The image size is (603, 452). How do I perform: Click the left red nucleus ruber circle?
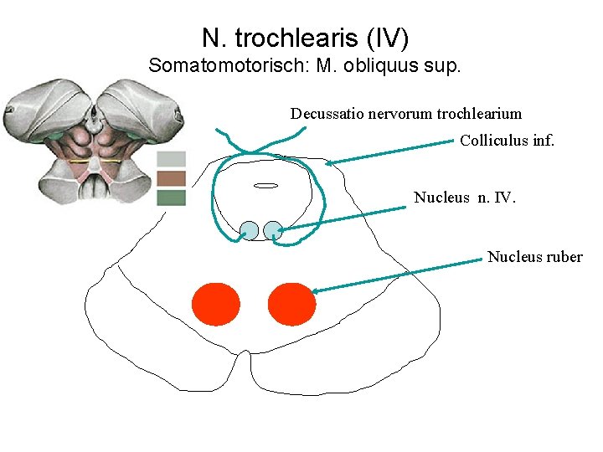[x=216, y=304]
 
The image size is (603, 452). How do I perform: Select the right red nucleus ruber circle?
[x=291, y=304]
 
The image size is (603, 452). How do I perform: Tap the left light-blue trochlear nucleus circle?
[x=250, y=230]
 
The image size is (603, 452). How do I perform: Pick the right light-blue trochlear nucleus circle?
[x=273, y=230]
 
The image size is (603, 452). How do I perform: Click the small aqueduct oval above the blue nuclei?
[x=265, y=185]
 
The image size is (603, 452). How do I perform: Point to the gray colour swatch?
[x=171, y=159]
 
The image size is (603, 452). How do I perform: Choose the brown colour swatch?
[x=171, y=178]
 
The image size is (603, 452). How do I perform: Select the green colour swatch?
[x=171, y=198]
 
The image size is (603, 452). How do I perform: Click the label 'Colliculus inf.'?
[x=507, y=141]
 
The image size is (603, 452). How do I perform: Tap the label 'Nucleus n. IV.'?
[x=466, y=198]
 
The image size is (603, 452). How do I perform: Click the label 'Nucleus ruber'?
[x=534, y=257]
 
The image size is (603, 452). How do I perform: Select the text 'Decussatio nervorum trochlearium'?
[x=406, y=113]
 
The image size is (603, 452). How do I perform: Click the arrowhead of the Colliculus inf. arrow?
[x=329, y=163]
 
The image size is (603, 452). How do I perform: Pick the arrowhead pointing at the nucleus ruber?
[x=316, y=291]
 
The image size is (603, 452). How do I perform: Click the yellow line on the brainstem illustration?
[x=93, y=159]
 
